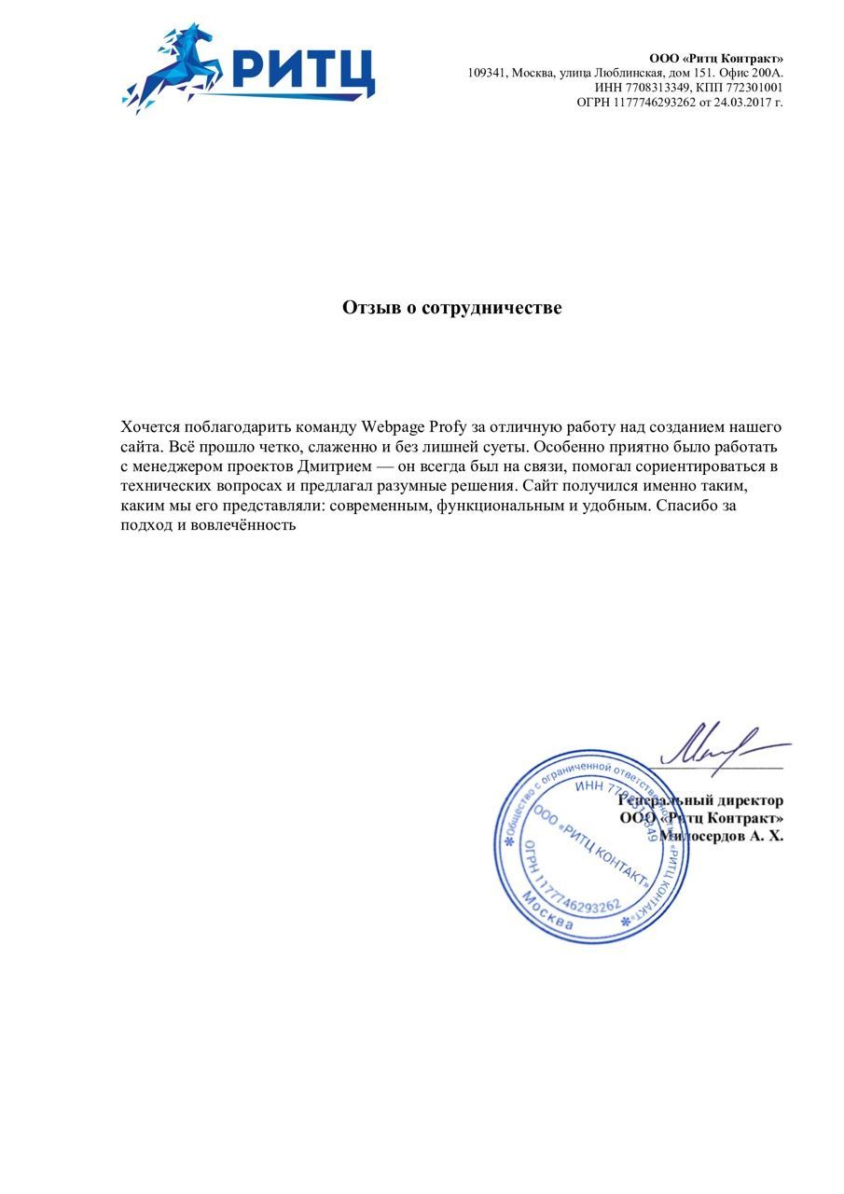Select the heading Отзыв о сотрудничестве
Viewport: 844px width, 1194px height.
tap(452, 308)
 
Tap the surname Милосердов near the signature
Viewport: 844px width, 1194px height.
tap(701, 836)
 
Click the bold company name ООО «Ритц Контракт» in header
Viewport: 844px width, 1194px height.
tap(716, 59)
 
